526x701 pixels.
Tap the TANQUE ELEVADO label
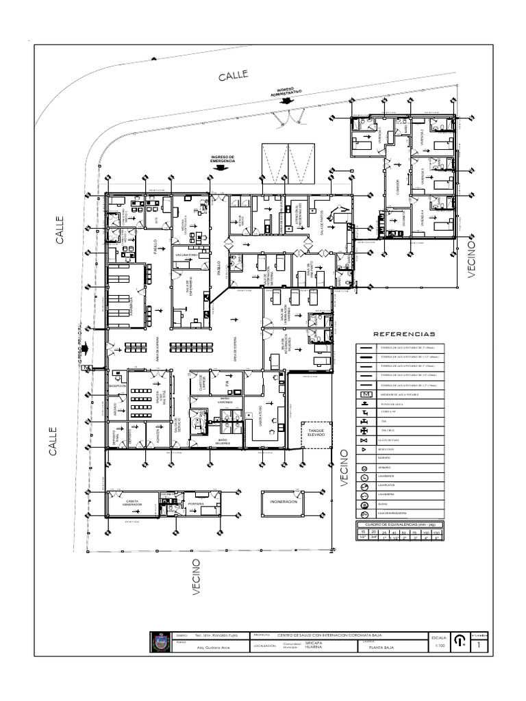click(316, 433)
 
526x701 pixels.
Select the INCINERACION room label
click(284, 502)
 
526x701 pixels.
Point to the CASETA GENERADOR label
click(133, 504)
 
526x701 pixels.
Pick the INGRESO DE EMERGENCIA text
click(223, 159)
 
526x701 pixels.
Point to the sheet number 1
click(479, 645)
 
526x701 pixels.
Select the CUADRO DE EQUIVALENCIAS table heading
click(399, 524)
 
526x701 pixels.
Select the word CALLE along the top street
click(233, 75)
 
